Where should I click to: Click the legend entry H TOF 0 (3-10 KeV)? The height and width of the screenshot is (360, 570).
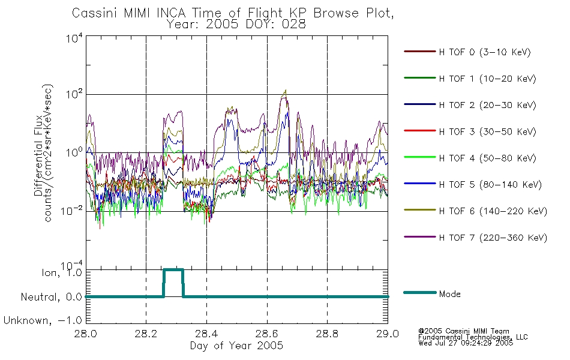pos(485,52)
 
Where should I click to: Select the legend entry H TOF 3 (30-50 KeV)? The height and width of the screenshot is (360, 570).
pos(487,131)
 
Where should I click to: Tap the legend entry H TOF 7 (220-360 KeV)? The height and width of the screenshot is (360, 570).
pos(493,238)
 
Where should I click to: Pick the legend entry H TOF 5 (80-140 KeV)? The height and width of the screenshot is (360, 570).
pos(490,185)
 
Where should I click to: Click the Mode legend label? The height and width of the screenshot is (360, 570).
pos(449,294)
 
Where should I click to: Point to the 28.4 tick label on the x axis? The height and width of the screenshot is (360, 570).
pos(207,334)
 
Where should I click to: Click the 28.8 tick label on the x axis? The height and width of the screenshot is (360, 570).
pos(327,334)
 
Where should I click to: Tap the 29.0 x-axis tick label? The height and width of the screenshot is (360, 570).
pos(388,334)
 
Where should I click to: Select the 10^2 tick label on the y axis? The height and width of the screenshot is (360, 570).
pos(74,95)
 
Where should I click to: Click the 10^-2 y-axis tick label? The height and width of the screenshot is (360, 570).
pos(72,211)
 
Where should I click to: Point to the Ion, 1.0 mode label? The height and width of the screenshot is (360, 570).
pos(62,272)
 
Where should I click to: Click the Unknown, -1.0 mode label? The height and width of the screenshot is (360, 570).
pos(43,320)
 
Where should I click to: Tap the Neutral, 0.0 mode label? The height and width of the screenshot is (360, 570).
pos(52,297)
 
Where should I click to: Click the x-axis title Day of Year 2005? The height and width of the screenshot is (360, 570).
pos(236,346)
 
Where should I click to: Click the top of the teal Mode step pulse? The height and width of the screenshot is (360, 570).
pos(173,270)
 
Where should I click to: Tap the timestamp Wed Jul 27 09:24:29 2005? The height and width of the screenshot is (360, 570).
pos(466,343)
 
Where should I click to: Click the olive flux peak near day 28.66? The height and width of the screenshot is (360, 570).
pos(286,91)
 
